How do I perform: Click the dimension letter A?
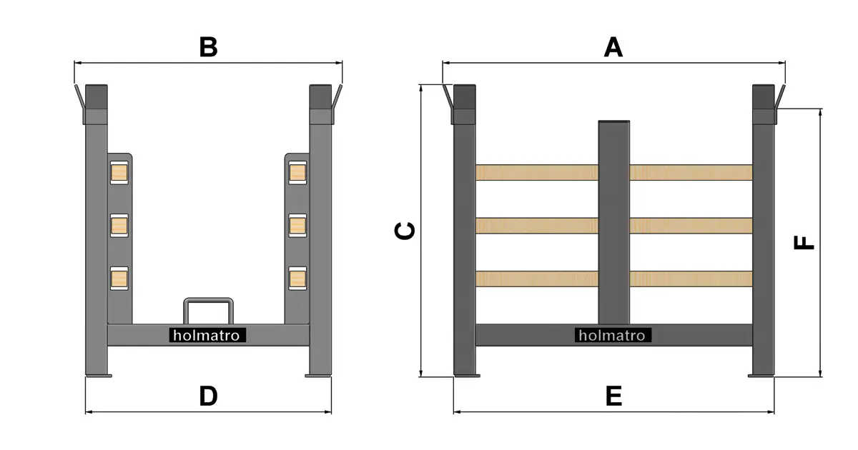613,47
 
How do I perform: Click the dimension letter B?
208,47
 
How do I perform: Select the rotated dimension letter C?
405,231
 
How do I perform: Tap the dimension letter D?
208,396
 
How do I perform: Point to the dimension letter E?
613,396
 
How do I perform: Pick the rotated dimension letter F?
803,243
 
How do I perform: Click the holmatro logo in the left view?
207,336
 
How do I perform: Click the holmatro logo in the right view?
613,336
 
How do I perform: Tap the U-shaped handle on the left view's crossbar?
208,299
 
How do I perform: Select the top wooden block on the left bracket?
119,173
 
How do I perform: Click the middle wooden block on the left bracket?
119,226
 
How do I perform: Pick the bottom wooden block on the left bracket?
119,279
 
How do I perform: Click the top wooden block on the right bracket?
297,173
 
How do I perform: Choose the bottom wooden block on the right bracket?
297,279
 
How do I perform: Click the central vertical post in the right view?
613,222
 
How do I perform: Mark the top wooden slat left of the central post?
537,173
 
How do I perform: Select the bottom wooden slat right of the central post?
691,279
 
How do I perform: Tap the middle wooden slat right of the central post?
691,226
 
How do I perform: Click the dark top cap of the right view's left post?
465,97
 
